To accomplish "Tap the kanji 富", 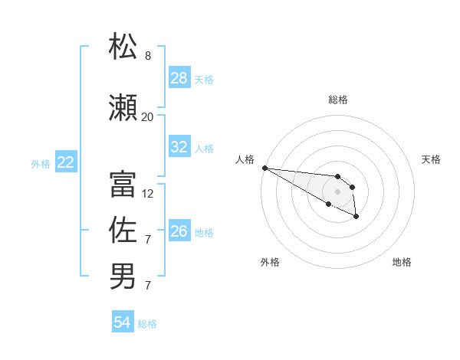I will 123,184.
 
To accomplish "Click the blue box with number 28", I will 179,78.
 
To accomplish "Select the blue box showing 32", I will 179,147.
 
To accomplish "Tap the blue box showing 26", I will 179,231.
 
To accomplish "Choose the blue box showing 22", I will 66,162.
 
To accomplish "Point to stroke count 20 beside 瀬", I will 147,116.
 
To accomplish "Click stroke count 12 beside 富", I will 148,194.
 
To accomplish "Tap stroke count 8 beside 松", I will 148,56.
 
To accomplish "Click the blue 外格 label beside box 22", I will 41,162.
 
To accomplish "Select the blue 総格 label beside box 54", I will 147,324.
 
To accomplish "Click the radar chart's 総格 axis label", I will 338,100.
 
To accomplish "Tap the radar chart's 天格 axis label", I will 432,159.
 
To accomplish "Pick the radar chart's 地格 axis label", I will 402,262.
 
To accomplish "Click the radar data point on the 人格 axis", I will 264,168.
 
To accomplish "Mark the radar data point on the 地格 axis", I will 356,218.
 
